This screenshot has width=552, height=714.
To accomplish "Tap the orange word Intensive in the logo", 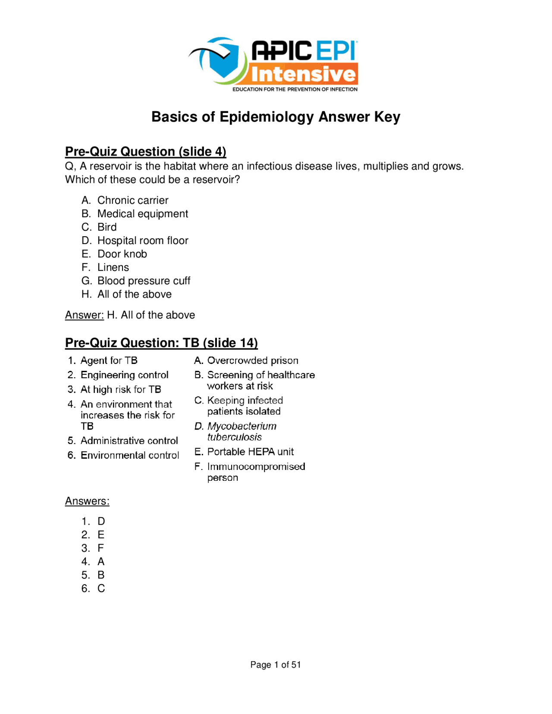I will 304,74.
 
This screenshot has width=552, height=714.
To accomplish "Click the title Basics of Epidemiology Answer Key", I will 276,117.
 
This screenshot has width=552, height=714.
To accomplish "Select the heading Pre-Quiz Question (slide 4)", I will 145,151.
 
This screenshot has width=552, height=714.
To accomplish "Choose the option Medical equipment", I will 143,213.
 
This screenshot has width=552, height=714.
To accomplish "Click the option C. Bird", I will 107,227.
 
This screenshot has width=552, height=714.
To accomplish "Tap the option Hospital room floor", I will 143,240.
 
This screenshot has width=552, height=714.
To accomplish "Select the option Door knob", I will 122,254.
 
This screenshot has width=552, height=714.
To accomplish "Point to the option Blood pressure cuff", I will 144,281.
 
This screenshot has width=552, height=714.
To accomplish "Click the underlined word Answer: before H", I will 84,315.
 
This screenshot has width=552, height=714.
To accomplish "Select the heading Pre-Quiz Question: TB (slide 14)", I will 161,343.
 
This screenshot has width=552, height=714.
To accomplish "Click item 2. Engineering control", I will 124,375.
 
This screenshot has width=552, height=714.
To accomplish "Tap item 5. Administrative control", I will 129,440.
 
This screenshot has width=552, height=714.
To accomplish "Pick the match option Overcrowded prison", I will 252,360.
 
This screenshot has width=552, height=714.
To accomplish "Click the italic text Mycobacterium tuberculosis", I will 241,431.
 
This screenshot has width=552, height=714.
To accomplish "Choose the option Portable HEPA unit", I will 250,451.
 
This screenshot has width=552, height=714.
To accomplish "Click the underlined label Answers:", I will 87,501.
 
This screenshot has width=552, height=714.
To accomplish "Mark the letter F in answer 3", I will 100,548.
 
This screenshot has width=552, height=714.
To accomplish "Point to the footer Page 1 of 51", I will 276,664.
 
